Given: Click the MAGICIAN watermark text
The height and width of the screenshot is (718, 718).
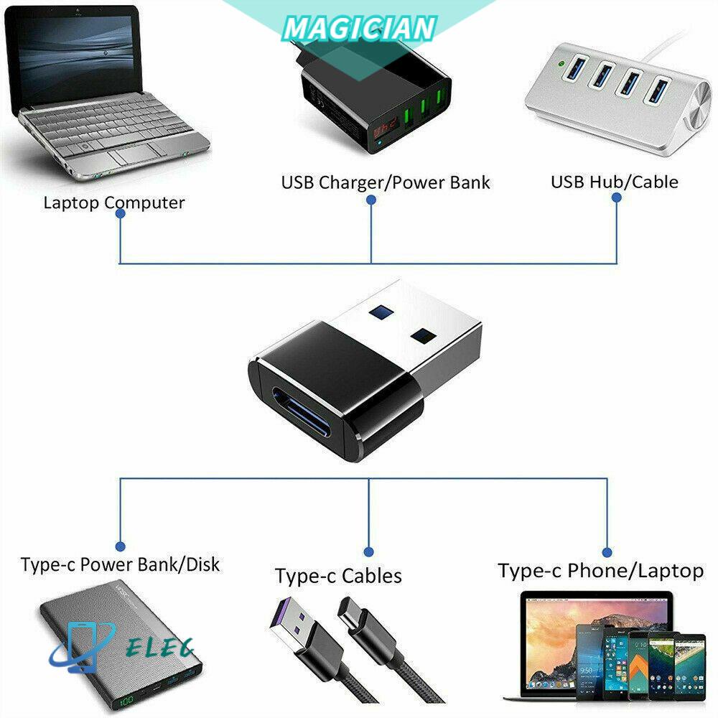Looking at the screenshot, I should point(359,29).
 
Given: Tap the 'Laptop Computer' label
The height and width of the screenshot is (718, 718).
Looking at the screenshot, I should point(114,202).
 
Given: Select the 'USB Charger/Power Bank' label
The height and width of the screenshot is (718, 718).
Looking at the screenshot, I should point(386,182).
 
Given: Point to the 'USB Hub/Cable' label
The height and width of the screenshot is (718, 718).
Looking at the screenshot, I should point(614,182).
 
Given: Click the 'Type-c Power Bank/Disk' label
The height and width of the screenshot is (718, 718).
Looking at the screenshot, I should point(120,564).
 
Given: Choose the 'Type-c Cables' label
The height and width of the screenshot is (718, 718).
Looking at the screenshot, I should point(338,575).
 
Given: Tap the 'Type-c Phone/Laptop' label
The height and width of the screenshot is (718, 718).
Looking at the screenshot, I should point(600,571).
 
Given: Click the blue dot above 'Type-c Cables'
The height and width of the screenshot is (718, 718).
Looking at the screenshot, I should point(369,551).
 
